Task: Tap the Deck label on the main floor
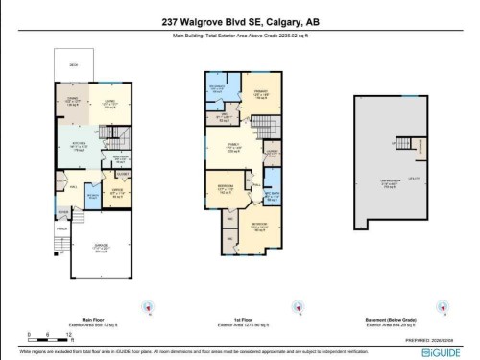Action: point(72,65)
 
